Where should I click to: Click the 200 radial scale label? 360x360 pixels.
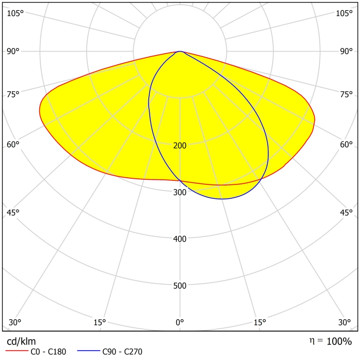pyautogui.click(x=180, y=146)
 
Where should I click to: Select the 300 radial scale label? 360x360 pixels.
pyautogui.click(x=180, y=193)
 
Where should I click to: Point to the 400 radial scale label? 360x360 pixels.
pyautogui.click(x=180, y=239)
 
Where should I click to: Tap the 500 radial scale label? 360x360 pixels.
pyautogui.click(x=180, y=286)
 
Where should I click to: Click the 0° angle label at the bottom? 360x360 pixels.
pyautogui.click(x=180, y=322)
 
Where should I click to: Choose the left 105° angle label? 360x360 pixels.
pyautogui.click(x=15, y=13)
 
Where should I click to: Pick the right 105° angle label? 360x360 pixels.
pyautogui.click(x=344, y=13)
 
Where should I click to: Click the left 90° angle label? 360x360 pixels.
pyautogui.click(x=13, y=51)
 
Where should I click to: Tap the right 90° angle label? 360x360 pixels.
pyautogui.click(x=346, y=51)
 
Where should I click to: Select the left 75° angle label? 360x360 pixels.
pyautogui.click(x=13, y=94)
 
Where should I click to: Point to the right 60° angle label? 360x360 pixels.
pyautogui.click(x=346, y=144)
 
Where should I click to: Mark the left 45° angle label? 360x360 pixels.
pyautogui.click(x=13, y=212)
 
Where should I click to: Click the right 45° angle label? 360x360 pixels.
pyautogui.click(x=346, y=212)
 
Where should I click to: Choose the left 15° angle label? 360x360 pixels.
pyautogui.click(x=100, y=322)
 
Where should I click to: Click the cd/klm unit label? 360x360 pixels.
pyautogui.click(x=21, y=341)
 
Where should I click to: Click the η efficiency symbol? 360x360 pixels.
pyautogui.click(x=311, y=341)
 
